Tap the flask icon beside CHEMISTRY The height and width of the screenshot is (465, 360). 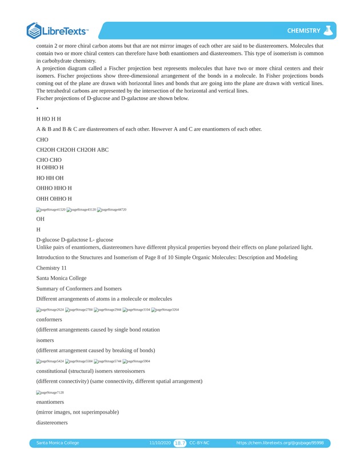(x=328, y=30)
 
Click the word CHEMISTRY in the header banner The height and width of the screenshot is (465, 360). (x=303, y=30)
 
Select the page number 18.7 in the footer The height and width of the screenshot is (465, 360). (x=180, y=443)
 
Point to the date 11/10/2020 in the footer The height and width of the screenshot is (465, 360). (x=160, y=443)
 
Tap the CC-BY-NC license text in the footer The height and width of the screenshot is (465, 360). (x=199, y=443)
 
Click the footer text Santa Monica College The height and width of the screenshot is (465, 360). (x=58, y=443)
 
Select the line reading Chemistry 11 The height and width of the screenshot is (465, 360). (x=51, y=268)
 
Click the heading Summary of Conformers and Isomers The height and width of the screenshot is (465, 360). (x=79, y=288)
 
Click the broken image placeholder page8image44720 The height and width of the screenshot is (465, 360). (x=111, y=210)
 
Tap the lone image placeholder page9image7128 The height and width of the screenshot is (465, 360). (x=50, y=392)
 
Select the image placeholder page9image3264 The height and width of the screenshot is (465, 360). (x=165, y=309)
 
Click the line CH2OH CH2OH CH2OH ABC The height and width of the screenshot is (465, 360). (x=73, y=150)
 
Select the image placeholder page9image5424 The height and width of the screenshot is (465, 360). (x=50, y=361)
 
